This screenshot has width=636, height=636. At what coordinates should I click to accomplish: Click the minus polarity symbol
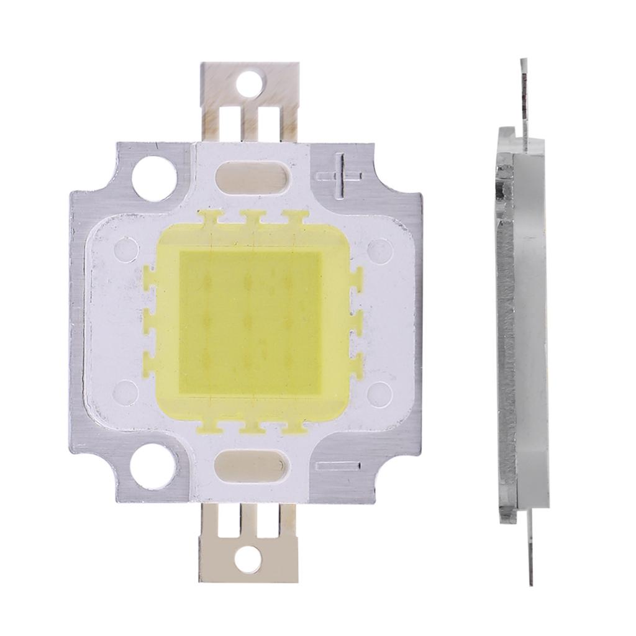coord(338,466)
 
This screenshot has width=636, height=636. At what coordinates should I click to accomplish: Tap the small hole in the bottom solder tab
coord(250,555)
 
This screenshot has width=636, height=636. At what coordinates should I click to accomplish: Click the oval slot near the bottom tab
coord(251,464)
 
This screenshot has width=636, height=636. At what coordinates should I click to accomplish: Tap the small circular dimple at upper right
coord(376,250)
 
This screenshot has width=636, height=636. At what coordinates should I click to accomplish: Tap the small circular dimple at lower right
coord(377,391)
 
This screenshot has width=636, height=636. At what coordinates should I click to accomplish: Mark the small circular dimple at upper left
coord(126,250)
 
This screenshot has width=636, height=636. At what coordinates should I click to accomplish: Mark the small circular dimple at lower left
coord(126,391)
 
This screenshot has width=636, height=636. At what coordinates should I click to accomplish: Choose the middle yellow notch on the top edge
coord(251,217)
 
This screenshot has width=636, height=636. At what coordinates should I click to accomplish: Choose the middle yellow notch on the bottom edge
coord(251,426)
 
